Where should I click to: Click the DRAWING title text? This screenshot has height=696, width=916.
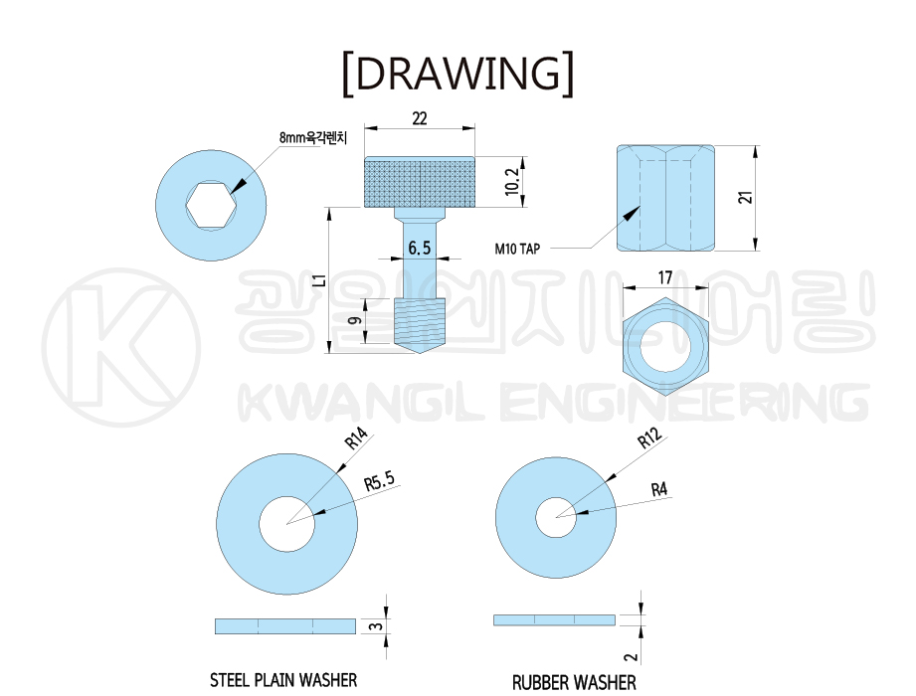point(458,74)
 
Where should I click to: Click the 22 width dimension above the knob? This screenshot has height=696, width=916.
point(420,118)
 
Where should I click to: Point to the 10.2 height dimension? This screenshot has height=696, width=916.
point(512,182)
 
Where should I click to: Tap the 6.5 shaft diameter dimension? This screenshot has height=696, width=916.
point(420,249)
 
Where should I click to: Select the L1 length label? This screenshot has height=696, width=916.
point(319,280)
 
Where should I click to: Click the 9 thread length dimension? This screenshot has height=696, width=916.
point(354,320)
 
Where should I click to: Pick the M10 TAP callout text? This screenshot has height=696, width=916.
point(517,250)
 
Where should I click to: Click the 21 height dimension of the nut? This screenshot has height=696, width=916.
point(745,197)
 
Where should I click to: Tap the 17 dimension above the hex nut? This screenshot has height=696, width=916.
point(665,277)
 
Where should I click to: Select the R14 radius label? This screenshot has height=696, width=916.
point(356,438)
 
